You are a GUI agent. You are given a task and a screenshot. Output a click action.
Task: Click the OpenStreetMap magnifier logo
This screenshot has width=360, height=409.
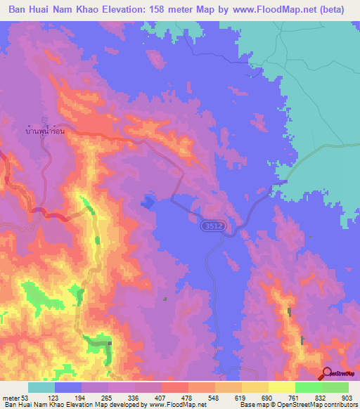[328, 374]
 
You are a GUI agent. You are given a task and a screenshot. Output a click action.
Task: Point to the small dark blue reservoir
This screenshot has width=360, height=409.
[148, 202]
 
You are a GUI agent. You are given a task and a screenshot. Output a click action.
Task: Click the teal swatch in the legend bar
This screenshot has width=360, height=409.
[41, 387]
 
